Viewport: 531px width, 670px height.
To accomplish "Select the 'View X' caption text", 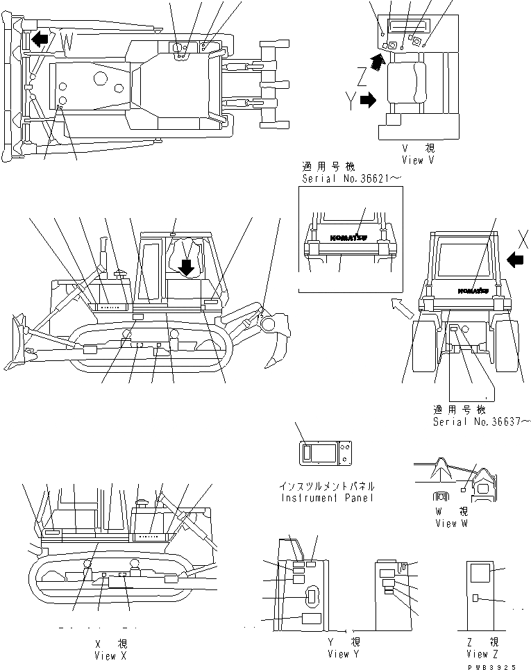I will (110, 655).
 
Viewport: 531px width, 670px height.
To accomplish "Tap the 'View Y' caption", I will (344, 654).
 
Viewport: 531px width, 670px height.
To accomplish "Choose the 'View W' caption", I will (456, 524).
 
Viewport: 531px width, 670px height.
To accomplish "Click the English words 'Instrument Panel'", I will (328, 498).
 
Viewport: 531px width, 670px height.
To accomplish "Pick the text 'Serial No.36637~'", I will (482, 421).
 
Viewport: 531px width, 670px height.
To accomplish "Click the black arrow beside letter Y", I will (368, 101).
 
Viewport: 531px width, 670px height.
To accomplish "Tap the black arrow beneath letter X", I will (514, 259).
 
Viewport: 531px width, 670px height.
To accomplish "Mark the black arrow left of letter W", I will (40, 39).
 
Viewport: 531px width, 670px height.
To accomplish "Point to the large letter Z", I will (361, 75).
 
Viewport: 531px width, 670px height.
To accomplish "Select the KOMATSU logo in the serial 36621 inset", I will (345, 236).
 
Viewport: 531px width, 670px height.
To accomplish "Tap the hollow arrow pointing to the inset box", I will (400, 303).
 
